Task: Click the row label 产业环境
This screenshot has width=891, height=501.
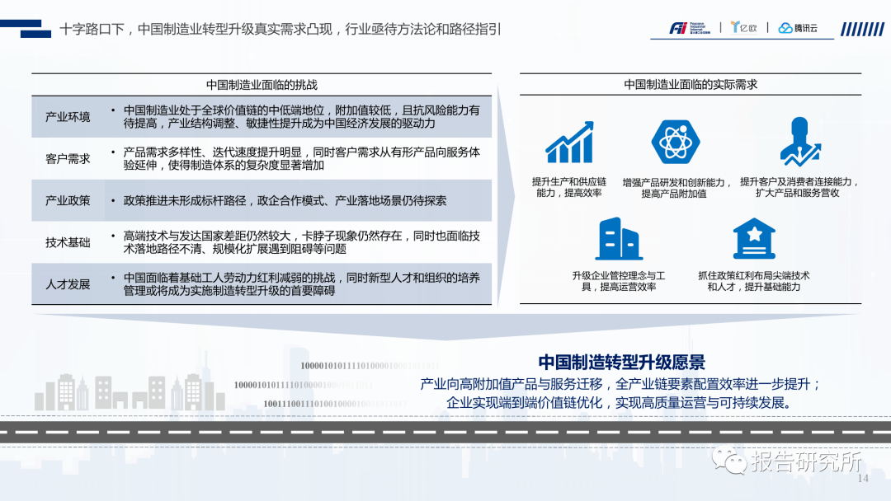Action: point(68,117)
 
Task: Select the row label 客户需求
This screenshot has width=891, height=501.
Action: point(68,158)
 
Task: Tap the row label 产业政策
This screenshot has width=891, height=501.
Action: point(68,200)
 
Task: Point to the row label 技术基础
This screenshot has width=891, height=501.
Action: point(68,242)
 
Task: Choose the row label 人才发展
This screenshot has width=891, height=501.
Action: point(68,284)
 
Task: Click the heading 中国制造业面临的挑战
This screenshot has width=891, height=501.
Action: point(262,85)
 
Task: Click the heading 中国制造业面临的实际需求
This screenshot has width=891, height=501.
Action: point(691,85)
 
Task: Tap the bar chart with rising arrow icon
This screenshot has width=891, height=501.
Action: point(569,143)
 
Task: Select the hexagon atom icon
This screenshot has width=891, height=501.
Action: point(675,142)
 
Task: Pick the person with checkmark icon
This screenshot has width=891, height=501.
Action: point(799,142)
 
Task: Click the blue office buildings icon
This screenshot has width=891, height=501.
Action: point(619,239)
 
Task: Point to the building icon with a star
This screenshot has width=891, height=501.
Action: point(754,239)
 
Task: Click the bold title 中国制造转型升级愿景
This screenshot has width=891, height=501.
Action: point(621,363)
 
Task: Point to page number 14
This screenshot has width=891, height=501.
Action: point(864,480)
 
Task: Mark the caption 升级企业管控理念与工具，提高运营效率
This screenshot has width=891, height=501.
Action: point(619,281)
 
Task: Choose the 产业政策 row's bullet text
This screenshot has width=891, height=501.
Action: point(285,200)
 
